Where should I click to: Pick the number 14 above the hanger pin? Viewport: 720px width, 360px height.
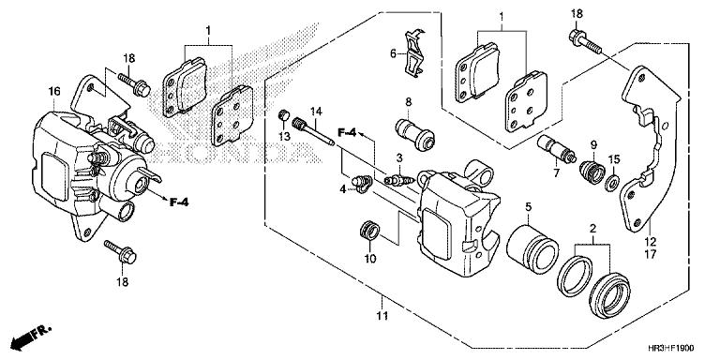click(317, 112)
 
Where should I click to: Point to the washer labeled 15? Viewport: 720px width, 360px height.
click(613, 180)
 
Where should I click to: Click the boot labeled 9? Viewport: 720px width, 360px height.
click(592, 172)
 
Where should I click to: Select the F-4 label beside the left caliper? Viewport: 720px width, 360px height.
click(179, 199)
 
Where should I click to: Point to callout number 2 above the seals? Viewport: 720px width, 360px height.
click(592, 228)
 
